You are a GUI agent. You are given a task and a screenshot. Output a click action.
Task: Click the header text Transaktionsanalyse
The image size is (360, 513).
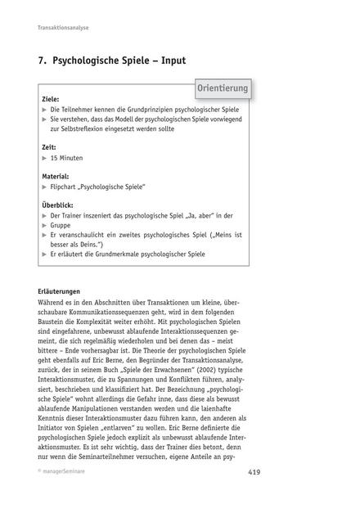pos(64,28)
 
